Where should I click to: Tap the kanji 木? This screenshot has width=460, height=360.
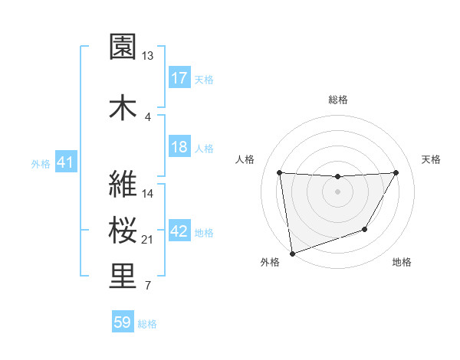[x=123, y=107]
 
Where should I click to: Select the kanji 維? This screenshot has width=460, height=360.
[x=123, y=185]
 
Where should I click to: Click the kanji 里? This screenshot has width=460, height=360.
[x=123, y=277]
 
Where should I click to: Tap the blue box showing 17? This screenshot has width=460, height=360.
[x=179, y=77]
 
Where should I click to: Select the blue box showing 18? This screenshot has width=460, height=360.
[x=179, y=147]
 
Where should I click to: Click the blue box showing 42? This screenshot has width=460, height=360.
[x=179, y=231]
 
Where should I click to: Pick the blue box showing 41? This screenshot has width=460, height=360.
[x=65, y=163]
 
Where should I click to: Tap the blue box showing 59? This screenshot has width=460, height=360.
[x=123, y=322]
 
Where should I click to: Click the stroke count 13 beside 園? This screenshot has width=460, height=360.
[x=147, y=55]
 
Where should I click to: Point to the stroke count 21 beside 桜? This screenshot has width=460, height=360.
[x=148, y=240]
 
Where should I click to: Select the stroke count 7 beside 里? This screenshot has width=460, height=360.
[x=147, y=286]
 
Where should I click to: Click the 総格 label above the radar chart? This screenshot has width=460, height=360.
[x=338, y=100]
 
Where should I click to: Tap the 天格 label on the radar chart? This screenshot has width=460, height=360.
[x=432, y=159]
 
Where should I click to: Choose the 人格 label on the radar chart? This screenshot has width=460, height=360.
[x=245, y=159]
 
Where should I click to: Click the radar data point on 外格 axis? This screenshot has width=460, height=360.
[x=291, y=253]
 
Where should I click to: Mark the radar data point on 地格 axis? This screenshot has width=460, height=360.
[x=365, y=229]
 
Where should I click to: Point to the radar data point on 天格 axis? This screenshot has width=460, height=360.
[x=396, y=172]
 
